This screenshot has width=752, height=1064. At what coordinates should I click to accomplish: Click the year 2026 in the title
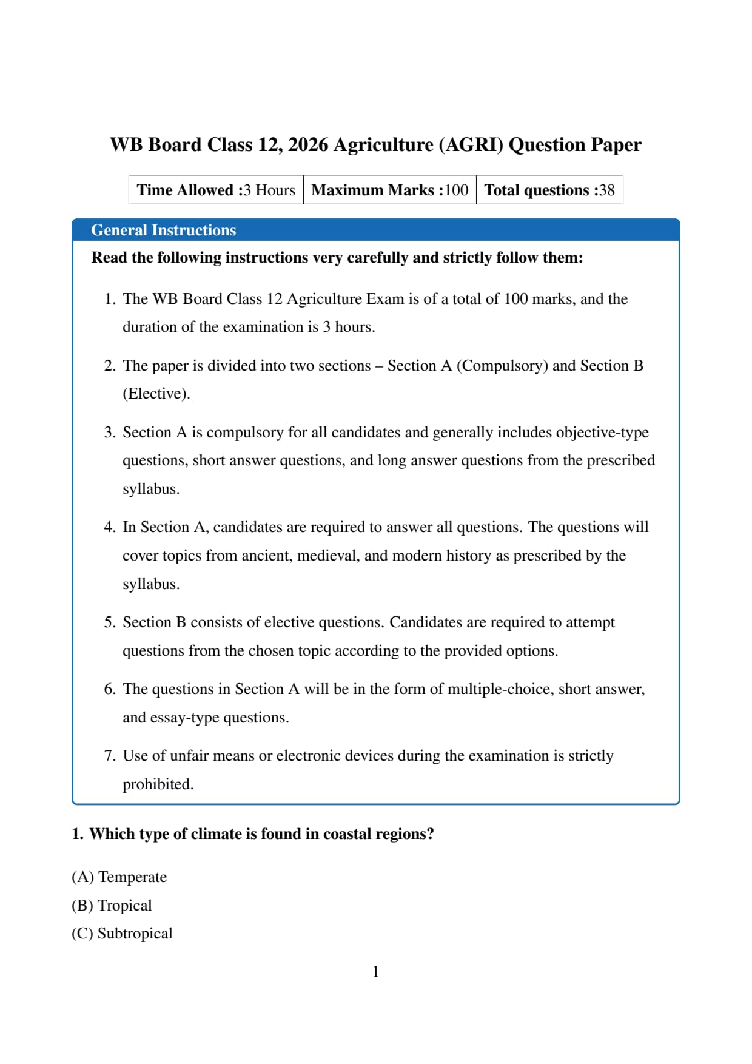308,145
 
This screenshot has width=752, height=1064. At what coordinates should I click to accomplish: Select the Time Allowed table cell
216,190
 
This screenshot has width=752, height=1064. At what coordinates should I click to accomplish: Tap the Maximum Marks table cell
389,190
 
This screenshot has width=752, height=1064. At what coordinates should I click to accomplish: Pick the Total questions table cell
549,190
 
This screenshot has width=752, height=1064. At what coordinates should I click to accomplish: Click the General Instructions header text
163,231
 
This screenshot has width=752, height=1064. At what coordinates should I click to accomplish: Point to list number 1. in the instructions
110,299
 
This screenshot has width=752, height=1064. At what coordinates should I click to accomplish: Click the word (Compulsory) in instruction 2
502,366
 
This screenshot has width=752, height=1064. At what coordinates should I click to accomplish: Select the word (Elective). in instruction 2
156,394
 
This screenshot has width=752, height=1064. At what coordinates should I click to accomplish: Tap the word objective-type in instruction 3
602,433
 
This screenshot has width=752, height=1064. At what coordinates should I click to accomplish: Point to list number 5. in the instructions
110,622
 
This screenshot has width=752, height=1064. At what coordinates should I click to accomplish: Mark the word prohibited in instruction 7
156,784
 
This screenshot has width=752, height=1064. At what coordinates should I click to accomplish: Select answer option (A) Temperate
119,877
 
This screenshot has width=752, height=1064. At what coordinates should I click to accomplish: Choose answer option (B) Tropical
112,906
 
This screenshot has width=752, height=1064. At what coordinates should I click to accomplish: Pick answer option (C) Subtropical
122,934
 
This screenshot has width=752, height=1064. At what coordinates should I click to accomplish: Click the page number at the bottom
376,972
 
